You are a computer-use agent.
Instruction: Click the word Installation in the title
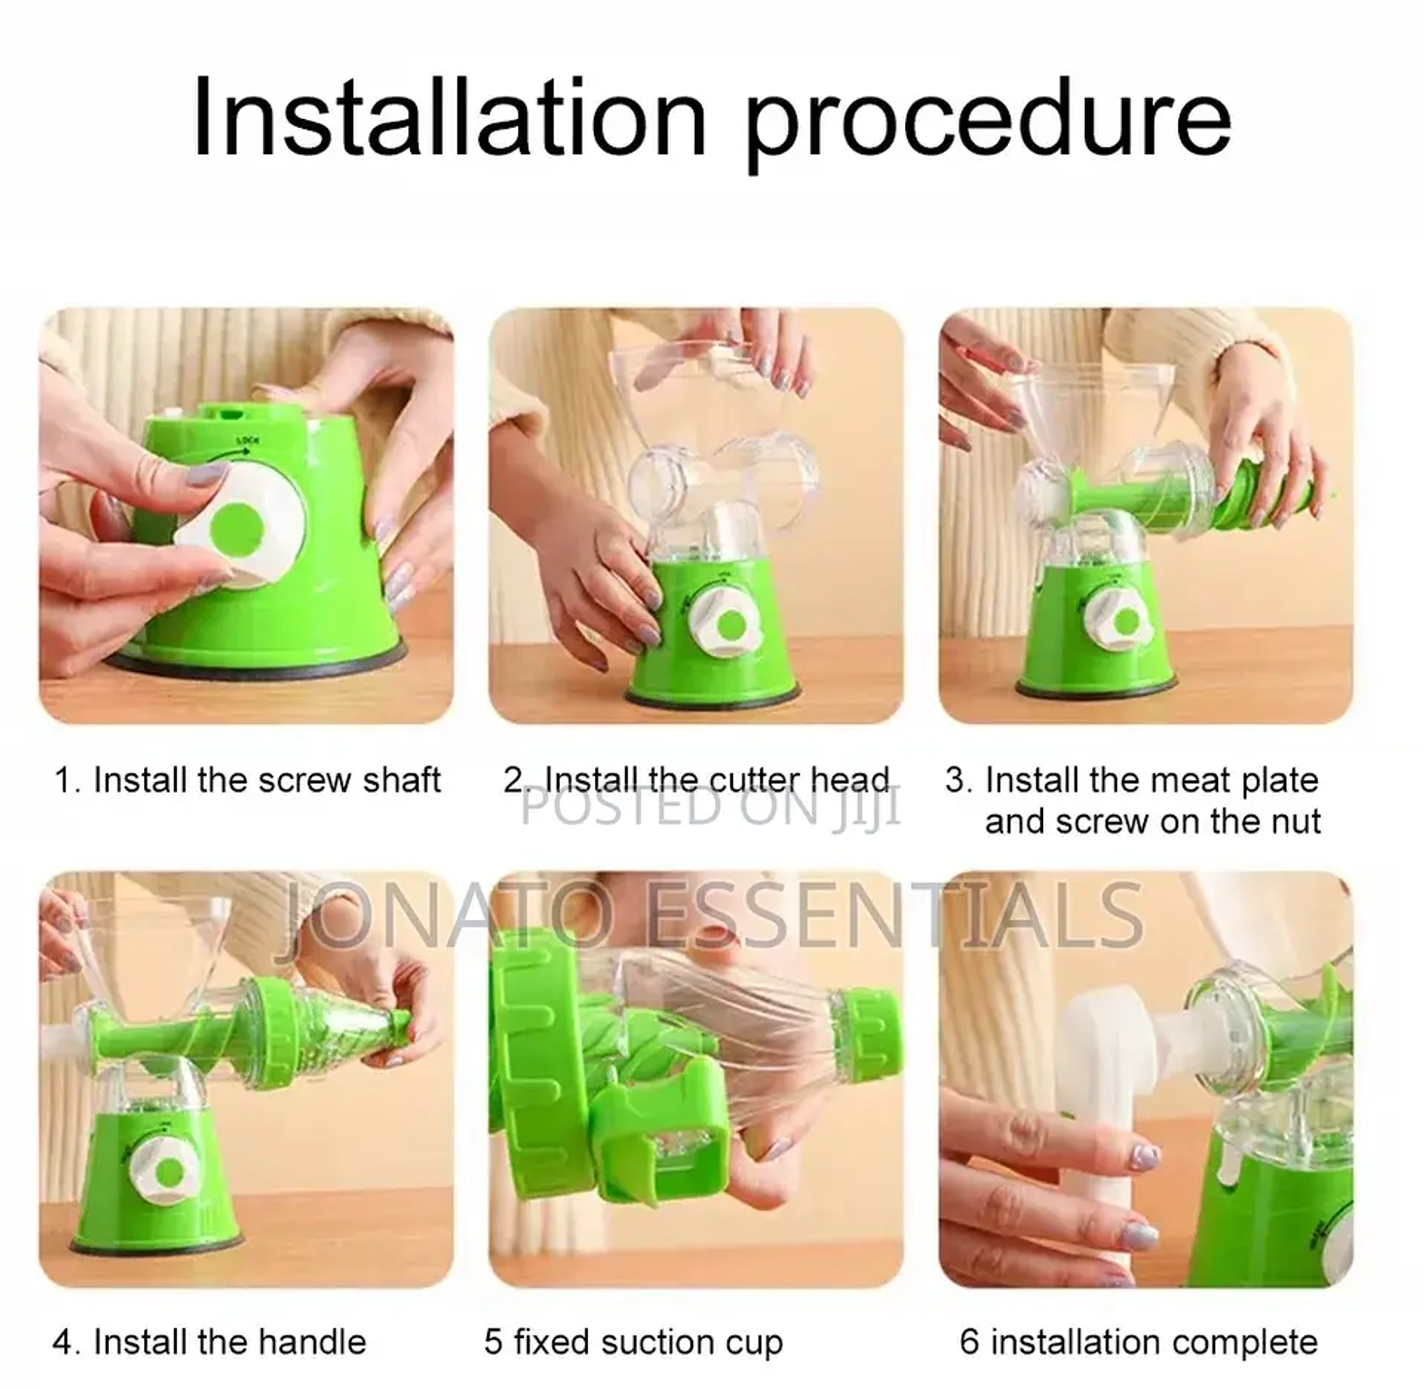449,117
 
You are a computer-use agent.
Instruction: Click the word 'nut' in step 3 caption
1292,822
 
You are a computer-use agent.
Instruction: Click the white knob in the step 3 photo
1119,622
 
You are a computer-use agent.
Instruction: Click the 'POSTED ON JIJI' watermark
711,807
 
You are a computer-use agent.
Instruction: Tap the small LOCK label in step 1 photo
248,441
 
